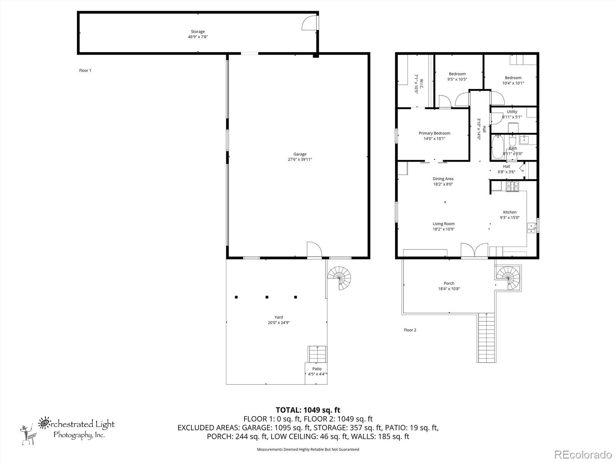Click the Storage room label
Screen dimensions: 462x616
pyautogui.click(x=198, y=32)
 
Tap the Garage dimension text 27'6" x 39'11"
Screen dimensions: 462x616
pyautogui.click(x=300, y=159)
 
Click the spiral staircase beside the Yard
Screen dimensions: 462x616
pyautogui.click(x=340, y=277)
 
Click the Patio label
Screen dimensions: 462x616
pyautogui.click(x=317, y=369)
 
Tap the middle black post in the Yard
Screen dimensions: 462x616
pyautogui.click(x=266, y=297)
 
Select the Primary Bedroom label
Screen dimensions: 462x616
pyautogui.click(x=434, y=133)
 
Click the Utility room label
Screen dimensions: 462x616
pyautogui.click(x=512, y=112)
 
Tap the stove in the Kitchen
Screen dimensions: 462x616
pyautogui.click(x=512, y=186)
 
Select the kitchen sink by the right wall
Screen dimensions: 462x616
pyautogui.click(x=532, y=228)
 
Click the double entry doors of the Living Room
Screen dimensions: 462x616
pyautogui.click(x=474, y=250)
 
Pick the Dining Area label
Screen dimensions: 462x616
pyautogui.click(x=443, y=179)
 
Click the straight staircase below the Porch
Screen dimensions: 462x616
pyautogui.click(x=486, y=338)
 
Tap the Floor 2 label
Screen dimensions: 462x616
pyautogui.click(x=410, y=330)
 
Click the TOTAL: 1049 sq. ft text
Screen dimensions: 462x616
pyautogui.click(x=308, y=410)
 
